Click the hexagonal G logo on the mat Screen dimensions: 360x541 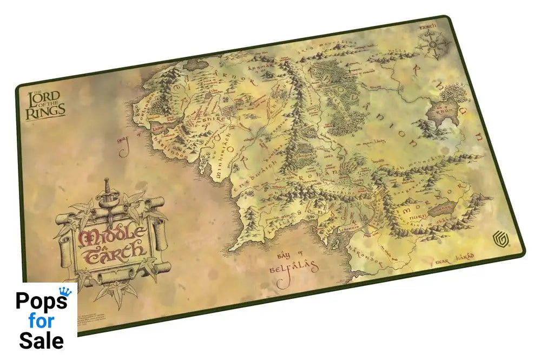[x=497, y=238]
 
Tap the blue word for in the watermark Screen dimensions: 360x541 [x=42, y=321]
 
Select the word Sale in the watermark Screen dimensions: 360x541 [x=42, y=341]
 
